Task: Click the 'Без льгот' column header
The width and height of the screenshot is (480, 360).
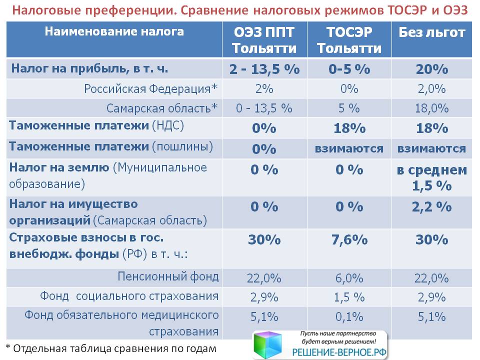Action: pyautogui.click(x=431, y=32)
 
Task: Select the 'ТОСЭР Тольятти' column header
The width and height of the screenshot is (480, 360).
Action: pyautogui.click(x=349, y=40)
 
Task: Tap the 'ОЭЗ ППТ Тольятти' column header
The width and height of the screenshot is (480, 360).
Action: pyautogui.click(x=264, y=40)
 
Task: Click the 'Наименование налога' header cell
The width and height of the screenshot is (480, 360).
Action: pyautogui.click(x=114, y=31)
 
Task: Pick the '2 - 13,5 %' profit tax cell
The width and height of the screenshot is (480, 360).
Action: pyautogui.click(x=264, y=69)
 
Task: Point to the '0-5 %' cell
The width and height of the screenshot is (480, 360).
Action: pyautogui.click(x=349, y=69)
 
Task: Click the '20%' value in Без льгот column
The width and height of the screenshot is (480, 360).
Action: pyautogui.click(x=432, y=69)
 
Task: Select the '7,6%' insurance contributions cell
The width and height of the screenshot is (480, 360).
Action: pyautogui.click(x=349, y=240)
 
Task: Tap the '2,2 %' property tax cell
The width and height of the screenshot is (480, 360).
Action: pyautogui.click(x=432, y=207)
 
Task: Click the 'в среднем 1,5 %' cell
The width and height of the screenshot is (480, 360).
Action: pyautogui.click(x=432, y=177)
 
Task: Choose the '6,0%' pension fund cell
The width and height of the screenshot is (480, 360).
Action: pyautogui.click(x=349, y=278)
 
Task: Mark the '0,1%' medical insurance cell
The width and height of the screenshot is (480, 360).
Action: pyautogui.click(x=349, y=317)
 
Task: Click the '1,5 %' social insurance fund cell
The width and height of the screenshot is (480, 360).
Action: pyautogui.click(x=349, y=297)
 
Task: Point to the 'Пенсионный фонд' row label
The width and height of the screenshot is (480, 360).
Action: pyautogui.click(x=168, y=276)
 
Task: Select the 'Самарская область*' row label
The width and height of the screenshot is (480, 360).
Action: pyautogui.click(x=162, y=108)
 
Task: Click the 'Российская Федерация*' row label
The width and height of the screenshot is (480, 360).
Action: pyautogui.click(x=150, y=89)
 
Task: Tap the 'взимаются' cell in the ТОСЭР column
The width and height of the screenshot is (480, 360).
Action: pyautogui.click(x=349, y=149)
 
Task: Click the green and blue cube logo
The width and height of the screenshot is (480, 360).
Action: pyautogui.click(x=267, y=344)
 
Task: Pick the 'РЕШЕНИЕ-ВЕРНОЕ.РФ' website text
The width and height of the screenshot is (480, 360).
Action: pyautogui.click(x=339, y=352)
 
